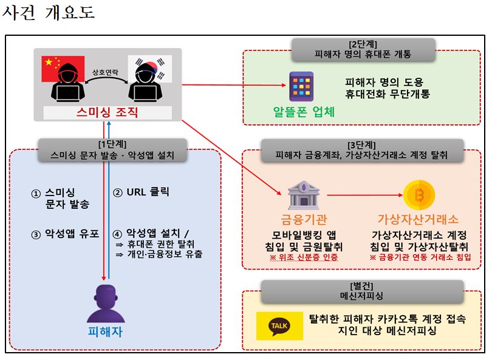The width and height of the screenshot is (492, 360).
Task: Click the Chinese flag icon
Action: click(55, 68)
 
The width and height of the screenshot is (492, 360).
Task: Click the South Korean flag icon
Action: click(152, 68)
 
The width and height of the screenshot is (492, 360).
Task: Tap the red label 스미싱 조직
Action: click(108, 112)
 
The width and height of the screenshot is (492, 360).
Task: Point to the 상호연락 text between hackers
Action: click(106, 72)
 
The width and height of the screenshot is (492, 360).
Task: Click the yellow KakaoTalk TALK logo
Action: click(279, 327)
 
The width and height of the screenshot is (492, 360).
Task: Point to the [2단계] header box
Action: click(363, 49)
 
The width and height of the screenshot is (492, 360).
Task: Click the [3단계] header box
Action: click(363, 150)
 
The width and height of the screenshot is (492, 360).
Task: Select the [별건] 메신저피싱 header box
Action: click(363, 291)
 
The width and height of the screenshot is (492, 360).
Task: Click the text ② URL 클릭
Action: click(141, 192)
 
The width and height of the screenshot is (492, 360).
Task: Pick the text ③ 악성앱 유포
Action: click(64, 233)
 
